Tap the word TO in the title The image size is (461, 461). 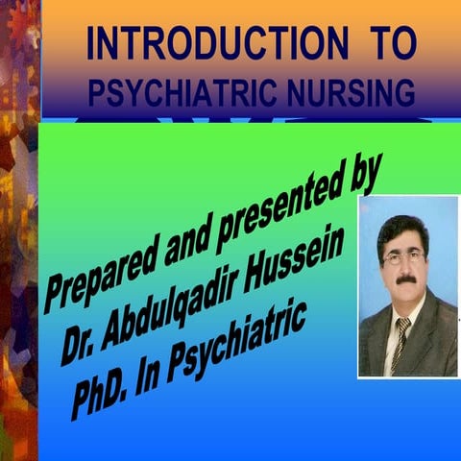[392, 44]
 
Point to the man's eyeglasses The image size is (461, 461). [404, 256]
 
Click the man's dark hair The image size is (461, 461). [403, 229]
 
